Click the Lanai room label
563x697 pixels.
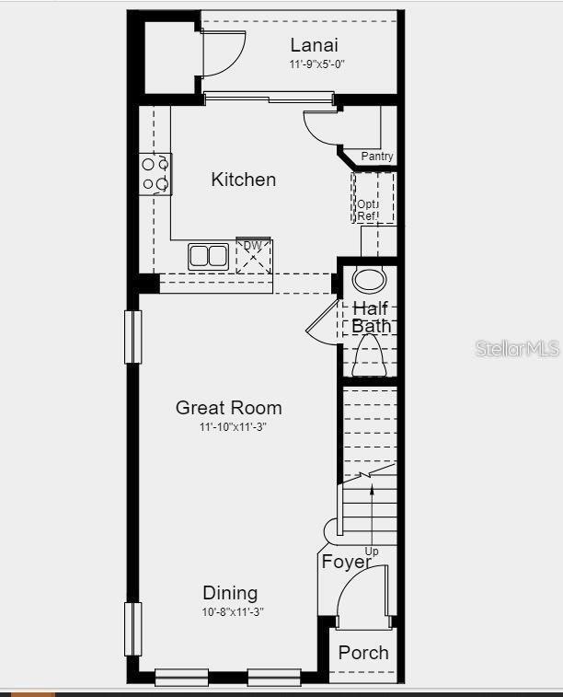coord(314,45)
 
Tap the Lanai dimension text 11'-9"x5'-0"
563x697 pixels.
coord(316,64)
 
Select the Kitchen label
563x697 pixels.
coord(243,179)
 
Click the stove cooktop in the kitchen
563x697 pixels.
coord(155,174)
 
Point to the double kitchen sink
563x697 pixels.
coord(209,256)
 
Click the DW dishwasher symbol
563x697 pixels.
coord(254,256)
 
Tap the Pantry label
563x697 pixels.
coord(376,157)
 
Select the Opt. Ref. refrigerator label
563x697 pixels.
coord(367,210)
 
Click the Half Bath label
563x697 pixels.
coord(371,317)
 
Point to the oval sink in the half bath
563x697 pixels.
coord(371,280)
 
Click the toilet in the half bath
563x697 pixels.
coord(370,356)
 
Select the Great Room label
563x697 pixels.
coord(229,407)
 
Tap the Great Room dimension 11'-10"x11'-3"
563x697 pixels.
coord(234,427)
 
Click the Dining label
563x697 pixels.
coord(230,593)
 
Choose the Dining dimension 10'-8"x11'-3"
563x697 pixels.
coord(234,612)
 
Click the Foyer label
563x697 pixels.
coord(346,562)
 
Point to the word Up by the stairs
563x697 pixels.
coord(372,551)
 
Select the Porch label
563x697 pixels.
coord(363,653)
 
